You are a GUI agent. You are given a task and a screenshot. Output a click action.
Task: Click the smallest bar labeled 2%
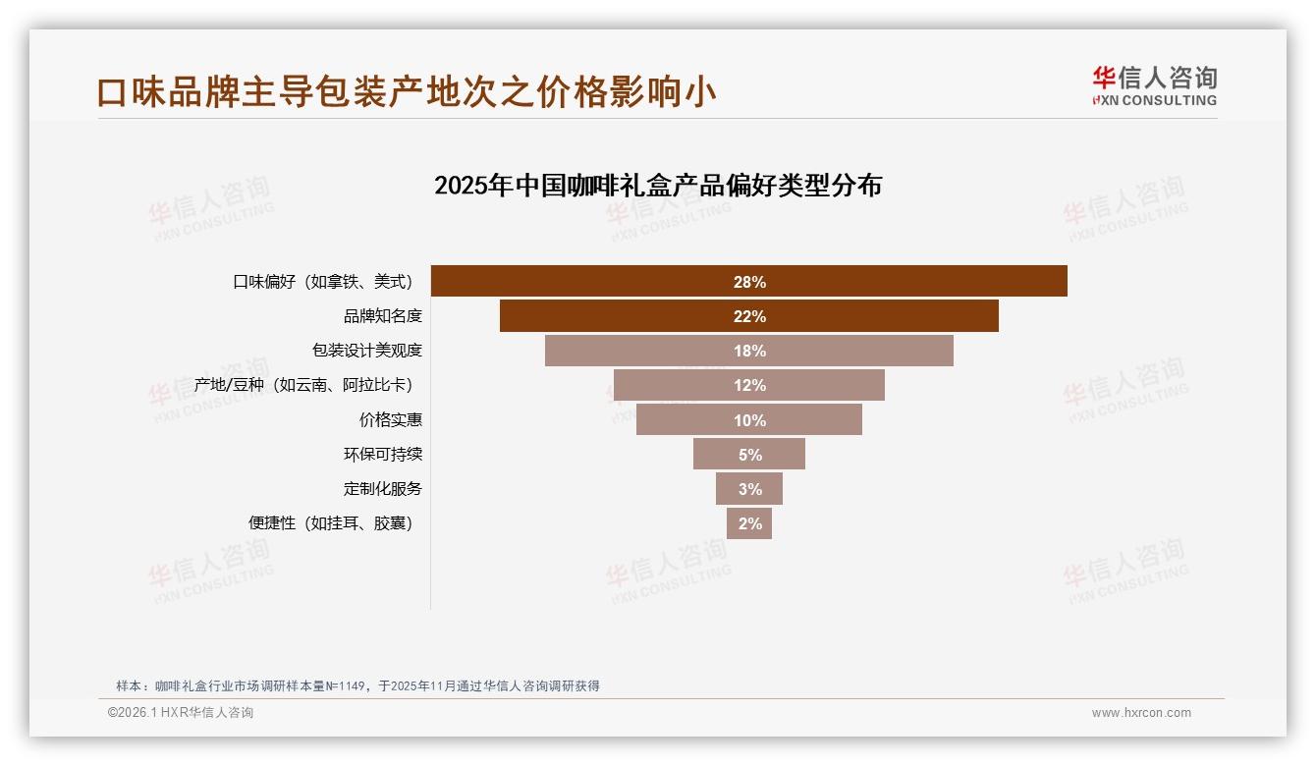pyautogui.click(x=749, y=523)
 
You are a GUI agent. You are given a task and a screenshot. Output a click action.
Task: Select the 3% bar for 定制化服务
pyautogui.click(x=749, y=489)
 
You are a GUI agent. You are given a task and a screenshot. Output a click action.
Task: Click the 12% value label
pyautogui.click(x=749, y=386)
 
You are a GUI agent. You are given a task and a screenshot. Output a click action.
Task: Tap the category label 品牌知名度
pyautogui.click(x=382, y=316)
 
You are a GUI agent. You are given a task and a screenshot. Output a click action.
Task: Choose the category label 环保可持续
pyautogui.click(x=382, y=455)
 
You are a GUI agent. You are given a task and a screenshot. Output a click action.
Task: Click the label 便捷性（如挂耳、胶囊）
pyautogui.click(x=331, y=523)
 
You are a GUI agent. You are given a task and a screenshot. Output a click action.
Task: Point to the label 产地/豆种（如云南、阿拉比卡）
pyautogui.click(x=303, y=385)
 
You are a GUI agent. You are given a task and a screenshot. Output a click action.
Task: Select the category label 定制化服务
pyautogui.click(x=382, y=489)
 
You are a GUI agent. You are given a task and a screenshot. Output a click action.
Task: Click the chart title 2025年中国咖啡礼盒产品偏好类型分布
pyautogui.click(x=658, y=186)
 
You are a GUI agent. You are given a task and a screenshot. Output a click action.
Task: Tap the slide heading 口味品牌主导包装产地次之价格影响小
pyautogui.click(x=407, y=92)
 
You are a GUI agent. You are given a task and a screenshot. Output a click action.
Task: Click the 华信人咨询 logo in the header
pyautogui.click(x=1154, y=85)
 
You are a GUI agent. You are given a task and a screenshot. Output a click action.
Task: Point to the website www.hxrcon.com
pyautogui.click(x=1141, y=713)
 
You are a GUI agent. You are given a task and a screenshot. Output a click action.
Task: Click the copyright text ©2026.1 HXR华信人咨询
pyautogui.click(x=181, y=713)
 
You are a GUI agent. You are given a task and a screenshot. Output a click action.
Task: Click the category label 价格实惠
pyautogui.click(x=390, y=420)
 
